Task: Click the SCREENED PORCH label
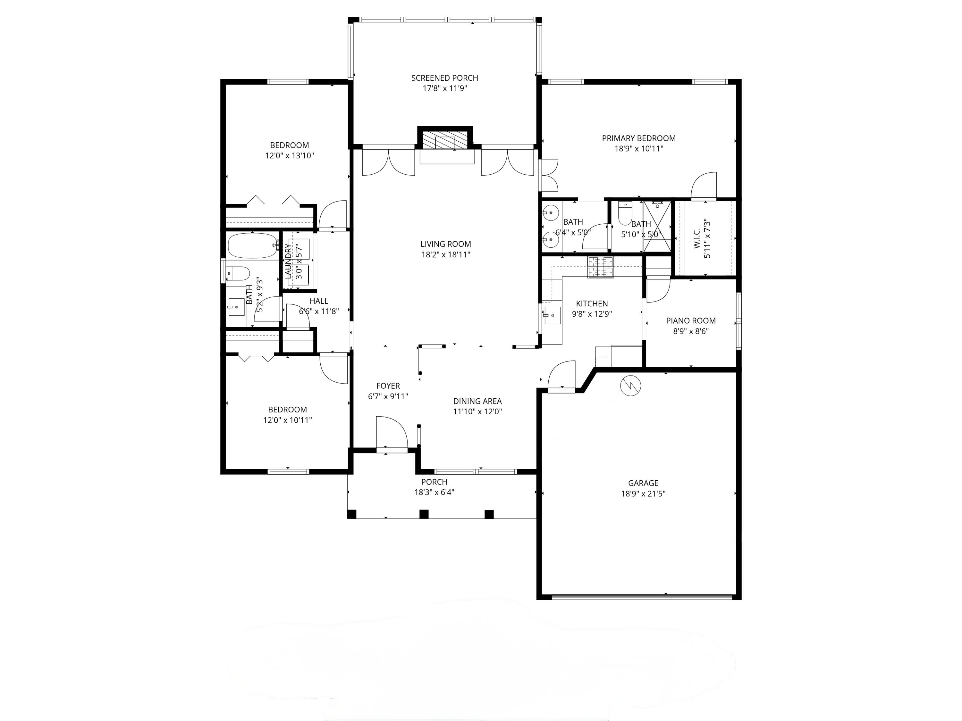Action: tap(444, 78)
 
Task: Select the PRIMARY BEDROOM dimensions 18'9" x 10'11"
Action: tap(638, 149)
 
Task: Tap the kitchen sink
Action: tap(552, 315)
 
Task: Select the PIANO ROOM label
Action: tap(691, 321)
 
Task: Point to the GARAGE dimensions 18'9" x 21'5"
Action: tap(643, 494)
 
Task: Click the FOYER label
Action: tap(388, 385)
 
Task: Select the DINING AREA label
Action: tap(477, 401)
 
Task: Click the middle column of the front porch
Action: tap(424, 514)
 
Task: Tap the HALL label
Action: tap(319, 301)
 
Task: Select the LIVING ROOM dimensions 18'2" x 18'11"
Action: tap(445, 255)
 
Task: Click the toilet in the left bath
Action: tap(239, 273)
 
